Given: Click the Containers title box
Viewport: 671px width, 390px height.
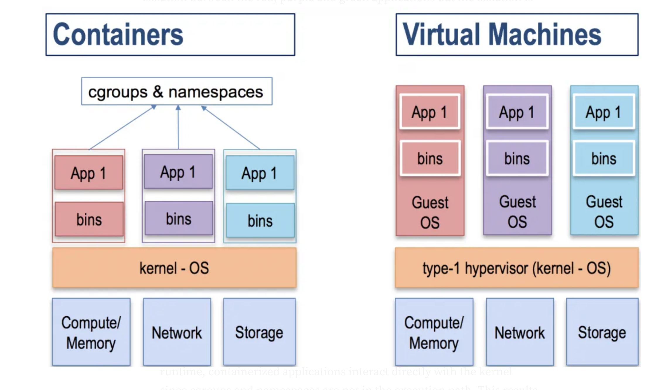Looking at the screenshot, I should pyautogui.click(x=170, y=34).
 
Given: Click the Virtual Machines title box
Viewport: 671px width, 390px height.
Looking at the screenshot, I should pyautogui.click(x=517, y=34).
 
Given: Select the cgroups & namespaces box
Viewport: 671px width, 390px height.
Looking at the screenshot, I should pyautogui.click(x=177, y=91).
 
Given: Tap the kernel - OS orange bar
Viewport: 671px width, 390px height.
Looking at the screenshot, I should pyautogui.click(x=174, y=267).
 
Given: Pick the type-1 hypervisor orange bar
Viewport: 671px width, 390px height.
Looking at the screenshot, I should pyautogui.click(x=517, y=267).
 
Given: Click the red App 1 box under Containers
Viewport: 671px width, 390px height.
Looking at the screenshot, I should pyautogui.click(x=89, y=172).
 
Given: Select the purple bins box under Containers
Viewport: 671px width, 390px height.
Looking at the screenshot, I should pyautogui.click(x=179, y=218).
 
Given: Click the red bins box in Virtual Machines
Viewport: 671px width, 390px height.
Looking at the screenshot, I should pyautogui.click(x=430, y=158).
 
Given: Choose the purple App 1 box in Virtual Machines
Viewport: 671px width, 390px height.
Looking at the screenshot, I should pyautogui.click(x=517, y=112).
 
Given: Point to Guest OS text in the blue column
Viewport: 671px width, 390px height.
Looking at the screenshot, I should pyautogui.click(x=604, y=212).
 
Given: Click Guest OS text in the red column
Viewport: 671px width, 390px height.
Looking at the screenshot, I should pyautogui.click(x=430, y=212).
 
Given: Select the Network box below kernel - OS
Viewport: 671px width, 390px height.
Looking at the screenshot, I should pyautogui.click(x=177, y=332).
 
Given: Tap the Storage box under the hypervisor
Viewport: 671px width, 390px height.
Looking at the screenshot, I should pyautogui.click(x=602, y=332).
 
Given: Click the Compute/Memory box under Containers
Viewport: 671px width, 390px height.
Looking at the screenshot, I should pyautogui.click(x=91, y=332).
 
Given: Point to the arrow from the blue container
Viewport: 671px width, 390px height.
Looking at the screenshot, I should pyautogui.click(x=231, y=128).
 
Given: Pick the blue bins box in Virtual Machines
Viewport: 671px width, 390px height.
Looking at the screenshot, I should pyautogui.click(x=604, y=158).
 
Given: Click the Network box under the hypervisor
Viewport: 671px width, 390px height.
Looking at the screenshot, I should pyautogui.click(x=520, y=332).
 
